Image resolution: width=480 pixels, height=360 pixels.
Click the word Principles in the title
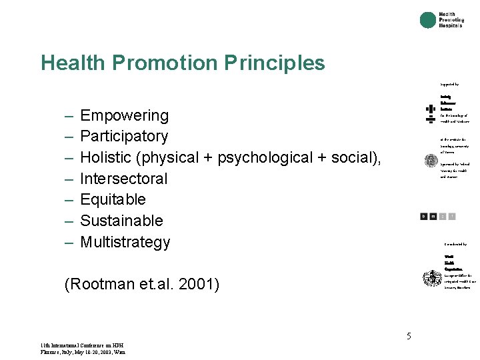tap(275, 63)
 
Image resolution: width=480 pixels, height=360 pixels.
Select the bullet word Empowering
tap(124, 116)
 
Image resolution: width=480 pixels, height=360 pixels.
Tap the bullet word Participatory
tap(124, 137)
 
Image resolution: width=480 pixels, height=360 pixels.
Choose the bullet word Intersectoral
tap(124, 179)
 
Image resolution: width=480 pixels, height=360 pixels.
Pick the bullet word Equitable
tap(113, 199)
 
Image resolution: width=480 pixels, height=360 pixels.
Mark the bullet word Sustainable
tap(121, 221)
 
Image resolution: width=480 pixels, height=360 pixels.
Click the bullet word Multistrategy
tap(125, 242)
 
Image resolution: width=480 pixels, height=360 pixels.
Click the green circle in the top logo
tap(427, 20)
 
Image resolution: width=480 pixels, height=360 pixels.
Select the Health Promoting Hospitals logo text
tap(451, 20)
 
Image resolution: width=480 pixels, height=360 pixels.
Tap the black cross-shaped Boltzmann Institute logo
tap(430, 113)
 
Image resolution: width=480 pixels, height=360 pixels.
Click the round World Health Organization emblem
tap(431, 278)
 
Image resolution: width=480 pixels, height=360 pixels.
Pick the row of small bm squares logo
tap(438, 216)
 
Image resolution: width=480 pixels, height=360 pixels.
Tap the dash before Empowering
tap(69, 116)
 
